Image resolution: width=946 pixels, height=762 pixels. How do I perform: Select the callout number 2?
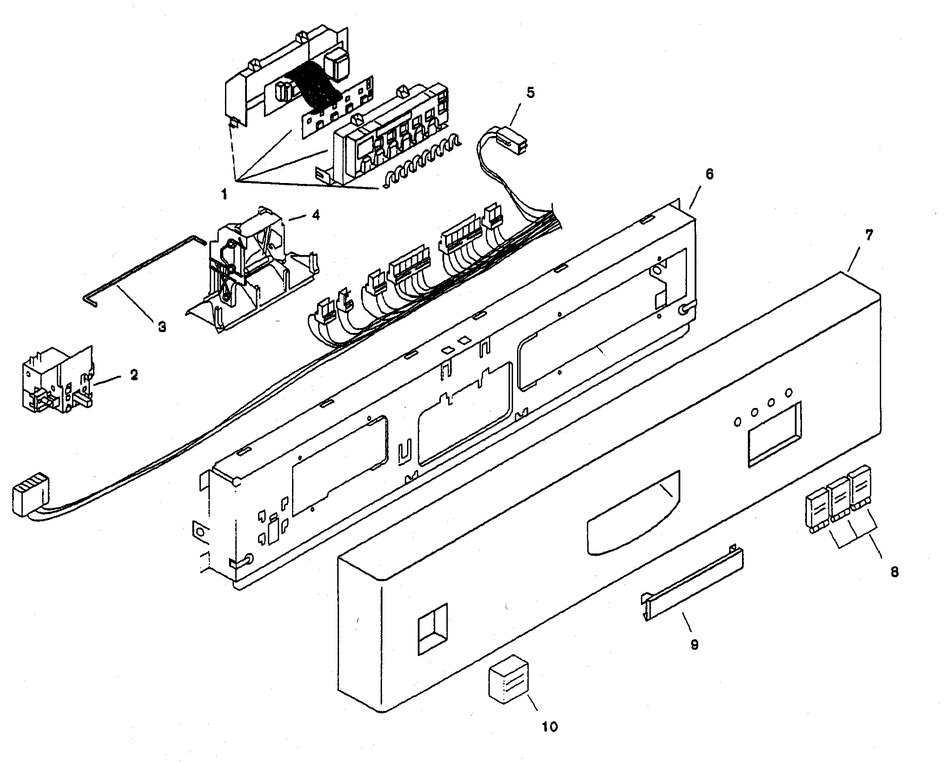point(134,375)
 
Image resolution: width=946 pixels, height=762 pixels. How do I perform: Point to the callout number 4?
point(316,215)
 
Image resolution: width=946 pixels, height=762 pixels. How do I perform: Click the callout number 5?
point(530,93)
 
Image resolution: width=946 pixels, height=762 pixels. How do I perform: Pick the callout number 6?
point(709,175)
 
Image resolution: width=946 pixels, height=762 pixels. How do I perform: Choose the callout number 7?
point(869,235)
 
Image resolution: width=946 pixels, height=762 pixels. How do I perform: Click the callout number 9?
point(694,644)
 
